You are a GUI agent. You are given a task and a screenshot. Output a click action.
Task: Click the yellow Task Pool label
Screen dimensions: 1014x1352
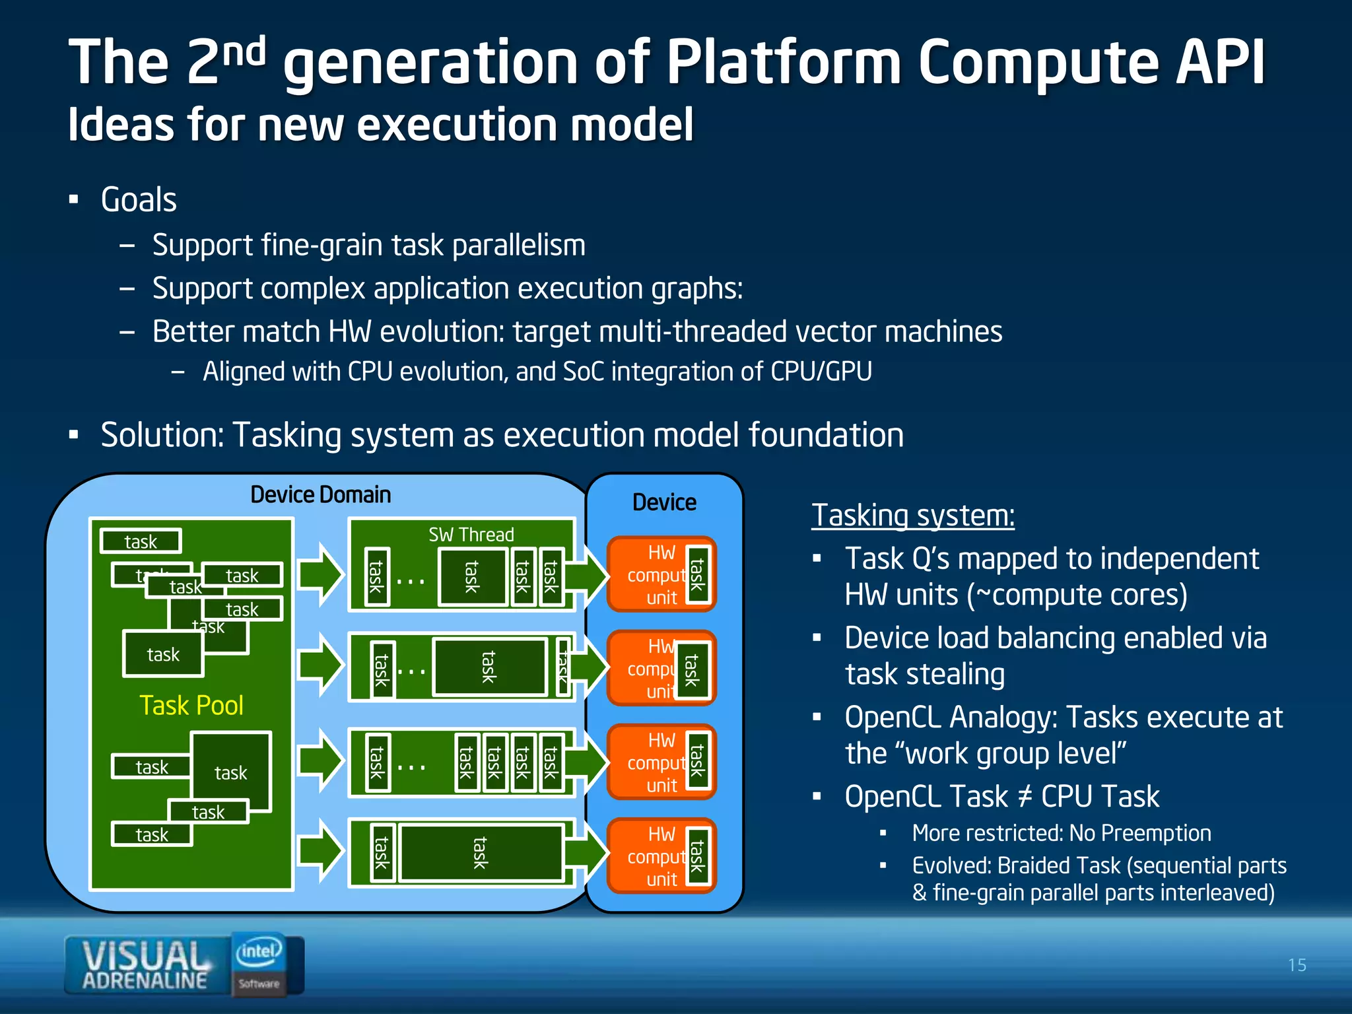(191, 705)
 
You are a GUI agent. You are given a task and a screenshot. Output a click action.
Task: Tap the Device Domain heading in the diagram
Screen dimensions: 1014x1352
(320, 494)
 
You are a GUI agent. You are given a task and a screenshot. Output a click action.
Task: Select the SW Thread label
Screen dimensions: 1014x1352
(471, 534)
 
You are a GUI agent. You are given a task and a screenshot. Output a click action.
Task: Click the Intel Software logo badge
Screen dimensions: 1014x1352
(259, 964)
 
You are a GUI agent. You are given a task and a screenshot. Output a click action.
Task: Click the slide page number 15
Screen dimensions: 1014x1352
(1297, 965)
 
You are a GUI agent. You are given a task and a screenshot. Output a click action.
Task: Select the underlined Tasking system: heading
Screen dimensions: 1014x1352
(912, 515)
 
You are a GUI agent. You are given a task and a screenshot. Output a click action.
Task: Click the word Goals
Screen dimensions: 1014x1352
(139, 199)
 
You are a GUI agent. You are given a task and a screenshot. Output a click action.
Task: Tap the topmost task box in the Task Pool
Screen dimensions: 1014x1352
(141, 541)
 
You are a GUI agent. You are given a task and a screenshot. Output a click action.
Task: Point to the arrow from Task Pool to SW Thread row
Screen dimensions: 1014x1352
(321, 574)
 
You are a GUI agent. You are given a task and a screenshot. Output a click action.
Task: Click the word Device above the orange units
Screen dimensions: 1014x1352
(664, 502)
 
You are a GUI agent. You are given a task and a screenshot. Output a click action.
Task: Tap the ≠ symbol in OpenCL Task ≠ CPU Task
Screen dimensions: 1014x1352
(1024, 797)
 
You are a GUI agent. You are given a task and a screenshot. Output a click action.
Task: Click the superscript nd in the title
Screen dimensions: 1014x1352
(244, 53)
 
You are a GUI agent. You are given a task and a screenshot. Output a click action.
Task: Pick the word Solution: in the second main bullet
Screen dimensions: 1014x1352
(162, 436)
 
